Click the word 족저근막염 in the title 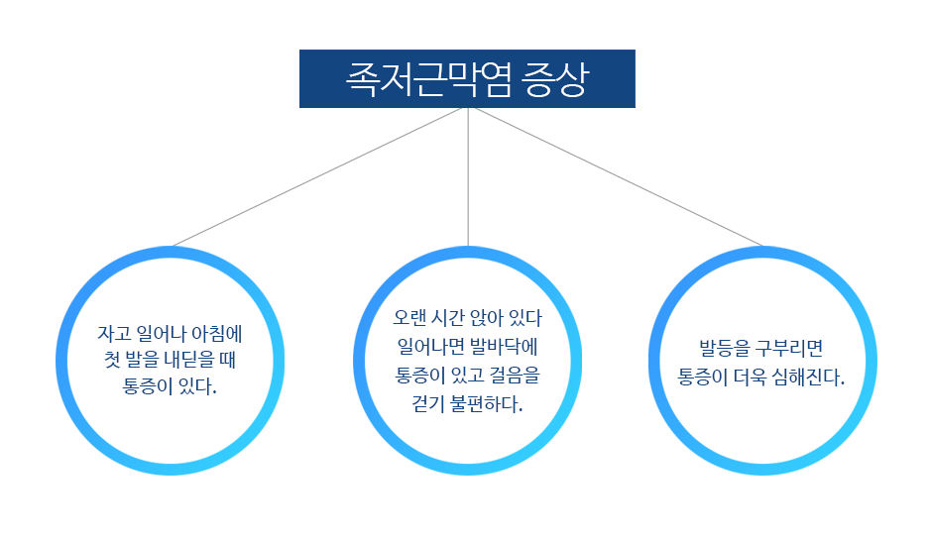coord(428,79)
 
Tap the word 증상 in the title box coord(555,79)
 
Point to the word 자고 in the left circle coord(114,334)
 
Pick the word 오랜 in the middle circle coord(409,318)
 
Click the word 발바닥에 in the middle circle coord(503,346)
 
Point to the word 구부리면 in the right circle coord(789,348)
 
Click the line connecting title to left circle coord(316,176)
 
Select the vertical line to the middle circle coord(468,176)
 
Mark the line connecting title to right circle coord(619,176)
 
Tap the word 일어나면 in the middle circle coord(430,346)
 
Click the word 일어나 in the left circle coord(161,334)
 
